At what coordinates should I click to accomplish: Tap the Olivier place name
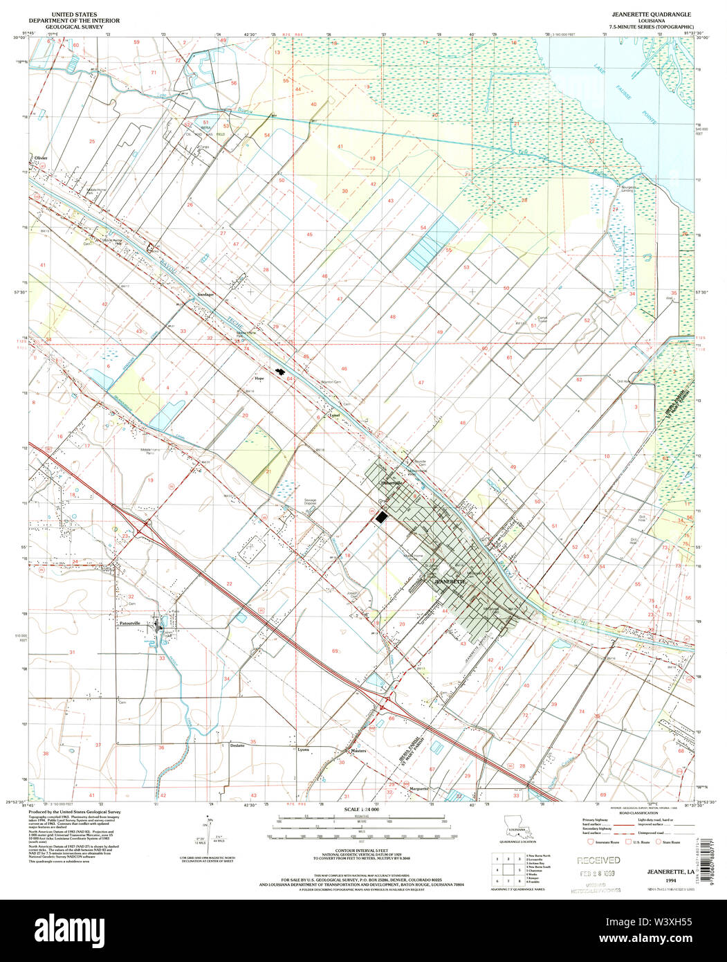coord(37,158)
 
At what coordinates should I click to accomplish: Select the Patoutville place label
coord(130,623)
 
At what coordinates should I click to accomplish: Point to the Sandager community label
coord(205,294)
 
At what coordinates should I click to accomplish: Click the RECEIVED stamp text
coord(599,860)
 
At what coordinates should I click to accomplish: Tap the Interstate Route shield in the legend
coord(590,842)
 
